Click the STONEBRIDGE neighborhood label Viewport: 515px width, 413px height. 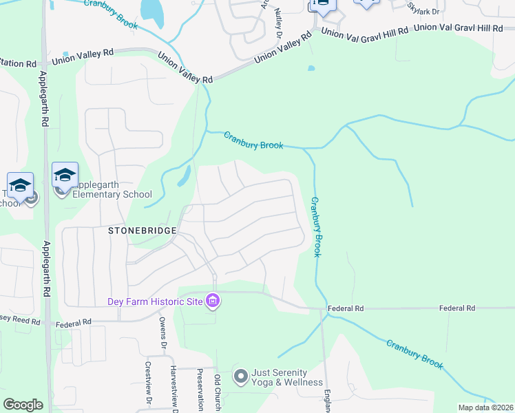143,231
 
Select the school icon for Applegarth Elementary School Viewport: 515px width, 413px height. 65,175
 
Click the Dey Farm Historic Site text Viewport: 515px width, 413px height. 154,301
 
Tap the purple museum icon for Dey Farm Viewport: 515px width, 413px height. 213,301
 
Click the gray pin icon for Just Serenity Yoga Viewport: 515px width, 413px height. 240,377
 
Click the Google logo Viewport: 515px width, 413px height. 23,405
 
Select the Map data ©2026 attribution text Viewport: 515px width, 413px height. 485,407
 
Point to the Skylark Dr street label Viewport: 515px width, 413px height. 421,8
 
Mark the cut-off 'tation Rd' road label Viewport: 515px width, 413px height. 18,63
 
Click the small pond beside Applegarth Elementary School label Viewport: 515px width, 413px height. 185,177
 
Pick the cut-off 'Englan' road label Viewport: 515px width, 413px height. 326,401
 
